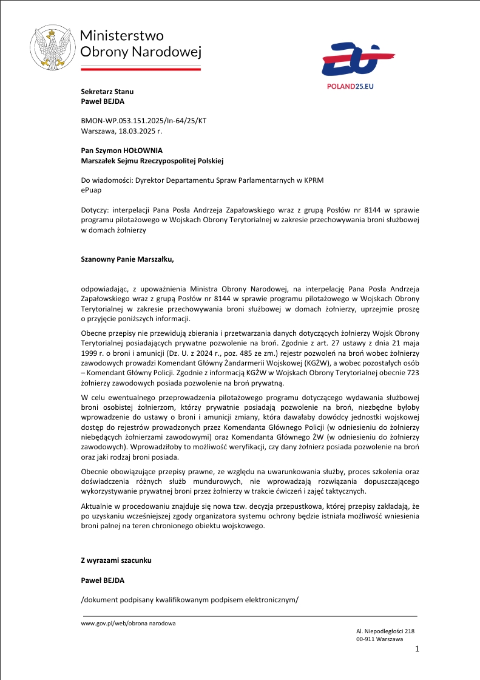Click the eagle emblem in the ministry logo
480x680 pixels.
(53, 47)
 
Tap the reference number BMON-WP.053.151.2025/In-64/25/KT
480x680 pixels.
(144, 121)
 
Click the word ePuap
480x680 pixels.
(92, 190)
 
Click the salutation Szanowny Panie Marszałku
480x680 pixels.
(127, 259)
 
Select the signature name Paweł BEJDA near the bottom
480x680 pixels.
(103, 580)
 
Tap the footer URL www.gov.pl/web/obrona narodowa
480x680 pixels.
(129, 624)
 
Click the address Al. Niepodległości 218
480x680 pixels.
(385, 632)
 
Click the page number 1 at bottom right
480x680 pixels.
(417, 650)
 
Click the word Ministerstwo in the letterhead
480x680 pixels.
(122, 36)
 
